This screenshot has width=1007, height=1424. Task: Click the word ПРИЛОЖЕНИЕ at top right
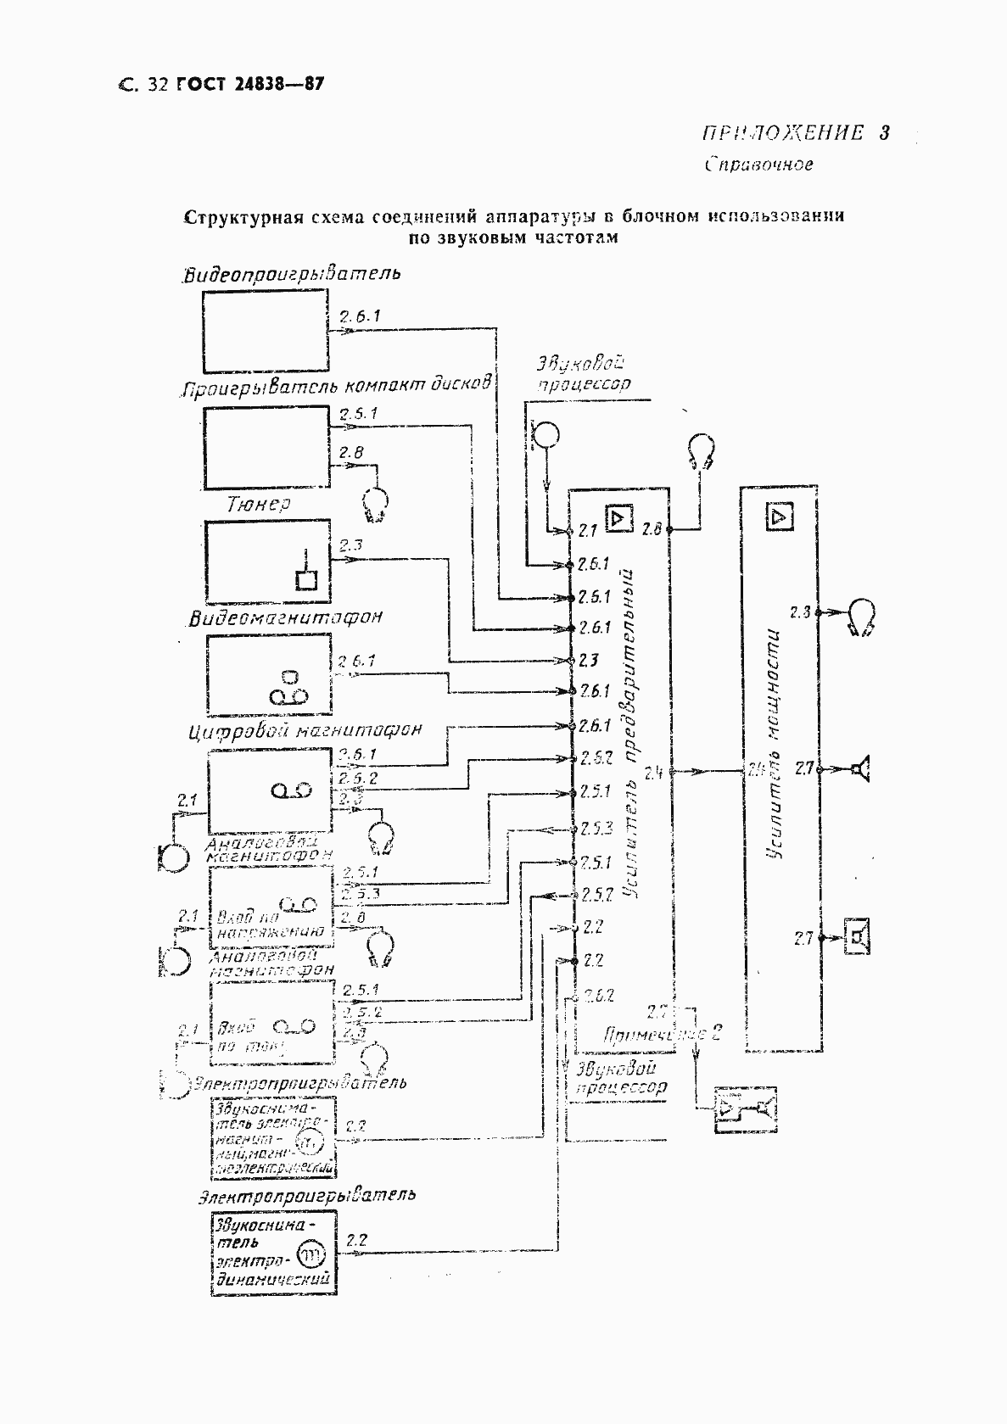tap(781, 132)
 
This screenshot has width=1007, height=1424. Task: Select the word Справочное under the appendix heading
tap(758, 165)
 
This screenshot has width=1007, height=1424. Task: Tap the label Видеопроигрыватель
tap(292, 274)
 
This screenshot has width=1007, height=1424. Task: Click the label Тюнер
tap(259, 504)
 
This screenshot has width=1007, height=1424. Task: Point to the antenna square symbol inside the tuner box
tap(305, 579)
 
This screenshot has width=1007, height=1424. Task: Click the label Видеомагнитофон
tap(285, 617)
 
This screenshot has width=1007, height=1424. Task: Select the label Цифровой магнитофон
tap(305, 730)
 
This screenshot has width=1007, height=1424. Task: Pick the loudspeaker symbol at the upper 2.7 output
tap(860, 769)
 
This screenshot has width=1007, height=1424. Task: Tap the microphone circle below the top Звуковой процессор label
tap(547, 435)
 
